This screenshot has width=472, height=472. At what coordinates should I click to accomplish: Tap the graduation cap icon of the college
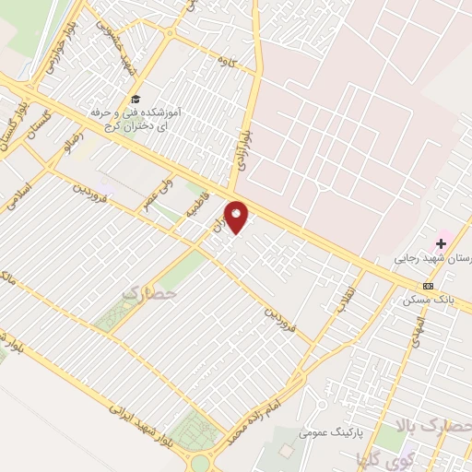(136, 99)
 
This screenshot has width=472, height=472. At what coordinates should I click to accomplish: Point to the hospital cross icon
(441, 244)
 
